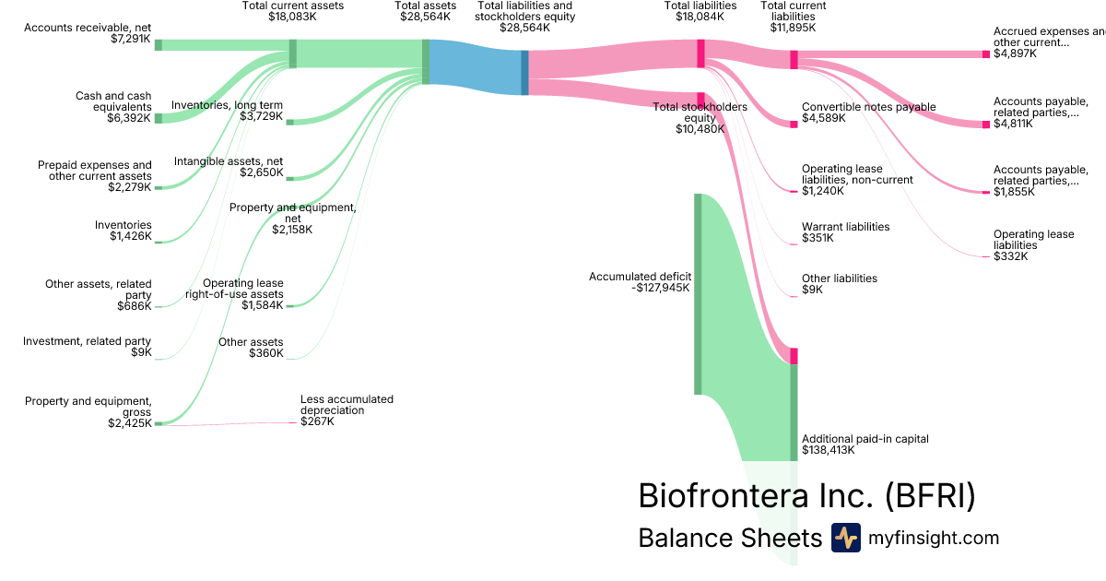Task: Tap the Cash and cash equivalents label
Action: click(x=113, y=101)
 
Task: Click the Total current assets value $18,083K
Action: click(x=292, y=17)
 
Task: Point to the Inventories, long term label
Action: click(x=228, y=104)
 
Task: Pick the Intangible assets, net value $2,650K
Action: click(x=262, y=172)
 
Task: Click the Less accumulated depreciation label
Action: click(x=347, y=405)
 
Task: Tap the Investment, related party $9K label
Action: click(x=87, y=347)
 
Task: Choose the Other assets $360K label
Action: click(x=251, y=348)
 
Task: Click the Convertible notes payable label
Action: click(x=868, y=107)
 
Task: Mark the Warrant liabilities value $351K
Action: click(x=818, y=238)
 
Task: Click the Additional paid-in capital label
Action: click(x=865, y=439)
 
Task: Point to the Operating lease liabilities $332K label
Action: click(x=1033, y=245)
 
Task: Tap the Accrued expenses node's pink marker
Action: click(x=985, y=54)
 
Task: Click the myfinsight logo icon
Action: click(x=845, y=538)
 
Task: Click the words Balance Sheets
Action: click(x=729, y=539)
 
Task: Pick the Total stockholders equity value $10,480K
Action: click(x=700, y=129)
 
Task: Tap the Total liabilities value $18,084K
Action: click(x=700, y=17)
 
